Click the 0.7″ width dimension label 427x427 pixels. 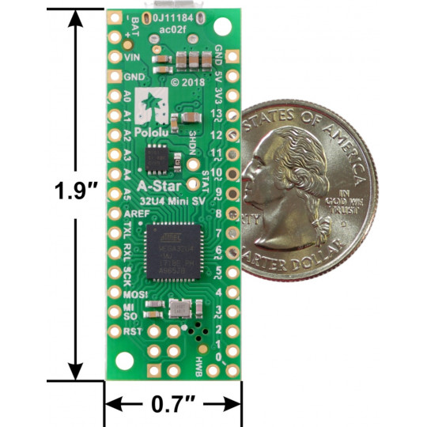point(173,406)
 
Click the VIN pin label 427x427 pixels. point(131,56)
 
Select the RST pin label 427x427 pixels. point(131,331)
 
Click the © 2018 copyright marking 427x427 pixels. point(187,81)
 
